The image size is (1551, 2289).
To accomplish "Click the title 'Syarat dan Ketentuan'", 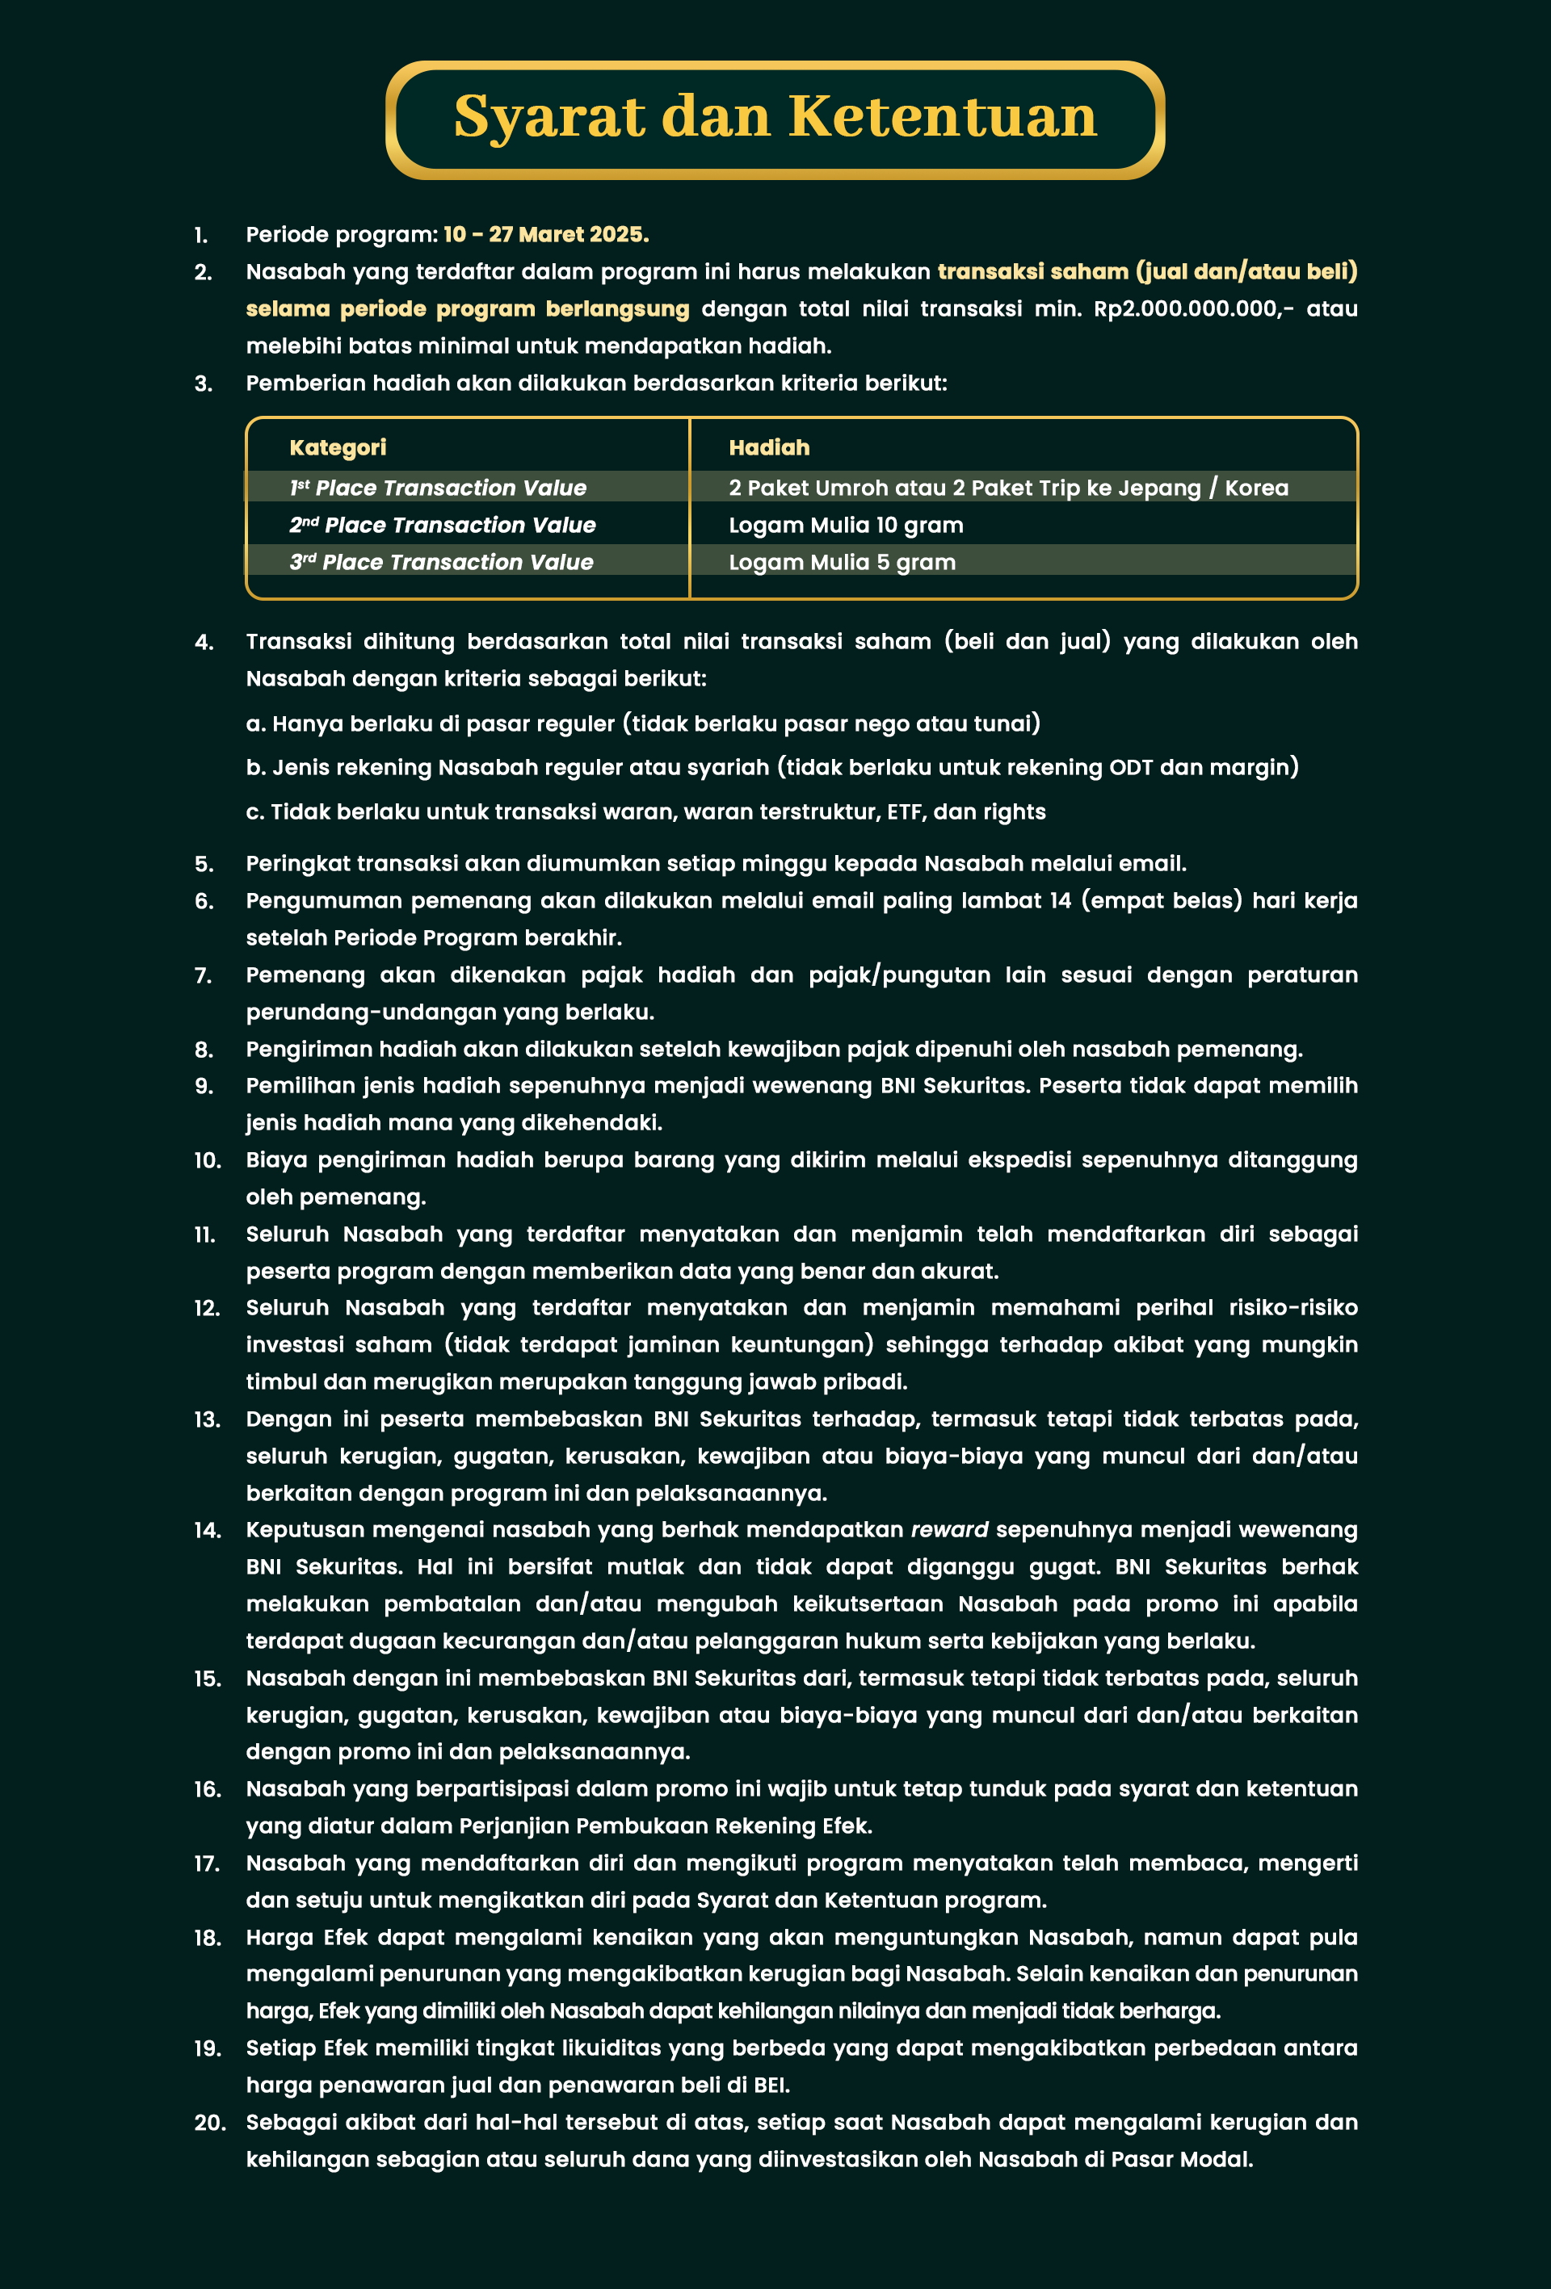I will [x=775, y=117].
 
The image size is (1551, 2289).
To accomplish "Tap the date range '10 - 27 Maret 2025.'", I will [x=546, y=234].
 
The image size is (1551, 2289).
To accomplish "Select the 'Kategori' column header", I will [x=337, y=447].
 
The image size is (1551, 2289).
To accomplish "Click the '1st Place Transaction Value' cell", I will [x=438, y=488].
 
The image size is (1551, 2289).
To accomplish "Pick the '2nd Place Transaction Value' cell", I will [x=443, y=525].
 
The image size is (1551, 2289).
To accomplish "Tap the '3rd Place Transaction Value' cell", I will [x=441, y=563].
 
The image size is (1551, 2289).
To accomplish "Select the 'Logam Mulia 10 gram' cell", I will [x=846, y=525].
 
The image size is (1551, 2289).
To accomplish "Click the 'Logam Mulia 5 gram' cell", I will [x=842, y=563].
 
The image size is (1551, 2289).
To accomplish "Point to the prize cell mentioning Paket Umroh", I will [x=1008, y=488].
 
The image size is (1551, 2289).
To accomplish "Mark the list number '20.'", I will [x=209, y=2123].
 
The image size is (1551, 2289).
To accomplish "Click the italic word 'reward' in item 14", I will [x=949, y=1529].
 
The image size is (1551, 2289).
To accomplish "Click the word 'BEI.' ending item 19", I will [x=771, y=2085].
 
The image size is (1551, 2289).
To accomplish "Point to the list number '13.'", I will [x=207, y=1419].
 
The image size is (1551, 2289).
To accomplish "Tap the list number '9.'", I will [x=204, y=1085].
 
